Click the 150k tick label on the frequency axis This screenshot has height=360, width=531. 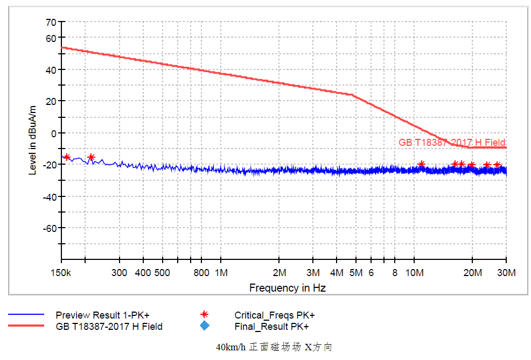(x=61, y=273)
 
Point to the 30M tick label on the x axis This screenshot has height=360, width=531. (x=506, y=273)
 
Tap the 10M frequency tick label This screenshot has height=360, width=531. (x=414, y=273)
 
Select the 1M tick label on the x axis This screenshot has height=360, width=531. (x=221, y=273)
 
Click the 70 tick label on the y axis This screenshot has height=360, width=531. (x=51, y=23)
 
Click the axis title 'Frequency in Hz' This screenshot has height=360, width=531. (x=287, y=288)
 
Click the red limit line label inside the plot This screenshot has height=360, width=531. (x=452, y=143)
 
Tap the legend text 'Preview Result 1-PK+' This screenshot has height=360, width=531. (x=102, y=315)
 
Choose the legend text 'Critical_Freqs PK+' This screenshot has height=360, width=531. (x=274, y=315)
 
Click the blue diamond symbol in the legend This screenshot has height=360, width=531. (x=204, y=326)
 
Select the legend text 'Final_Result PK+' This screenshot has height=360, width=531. (x=271, y=327)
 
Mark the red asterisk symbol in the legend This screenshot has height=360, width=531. (x=204, y=315)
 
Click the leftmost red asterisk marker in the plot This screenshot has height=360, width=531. (x=67, y=157)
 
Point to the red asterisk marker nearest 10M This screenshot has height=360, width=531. (x=421, y=164)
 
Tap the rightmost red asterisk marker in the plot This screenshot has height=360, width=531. (x=497, y=165)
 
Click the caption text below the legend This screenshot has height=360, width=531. (x=274, y=347)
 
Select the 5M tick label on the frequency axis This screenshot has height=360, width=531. (x=356, y=273)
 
